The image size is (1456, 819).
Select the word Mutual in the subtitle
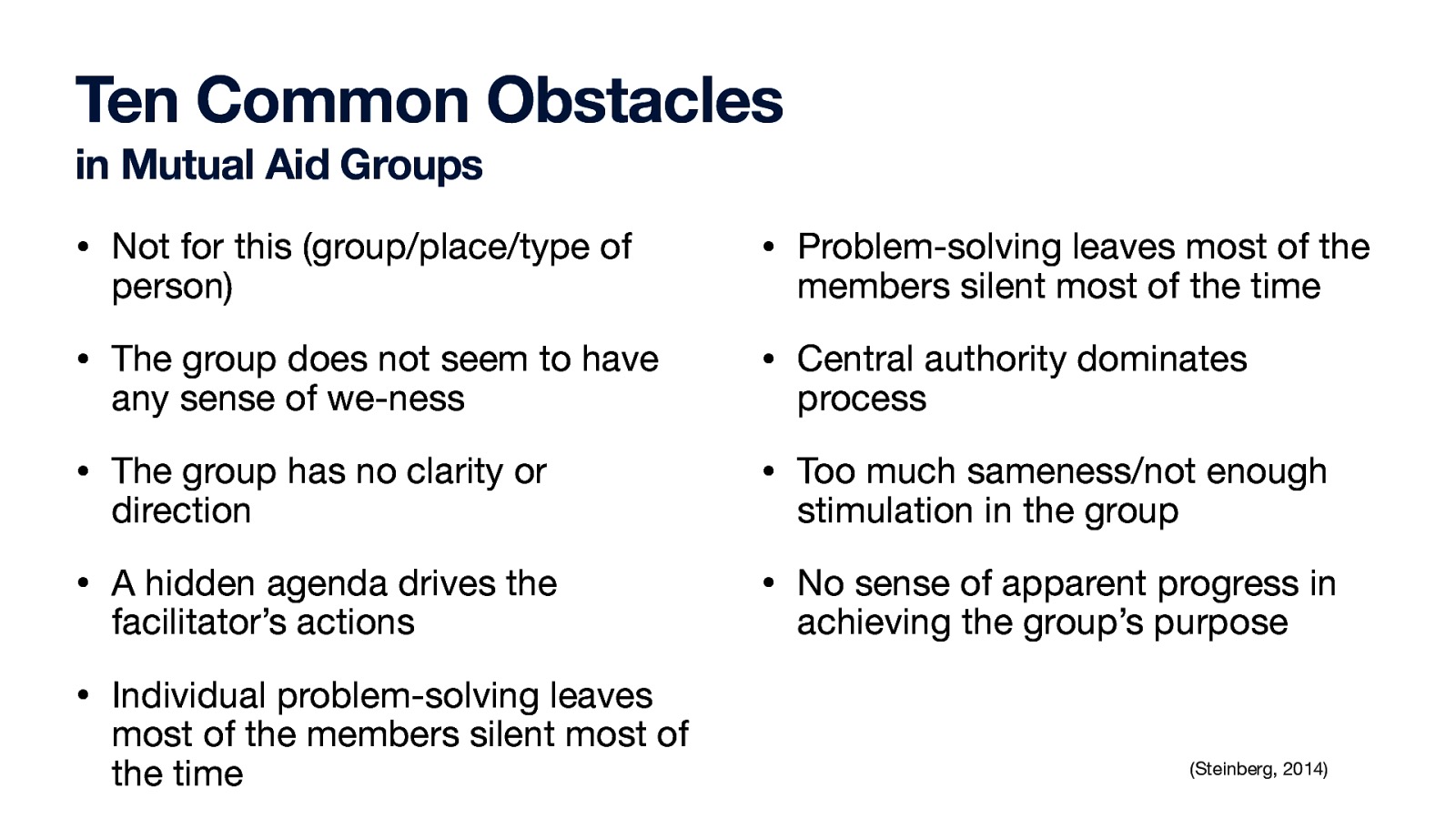(187, 166)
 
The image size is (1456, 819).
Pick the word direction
(181, 511)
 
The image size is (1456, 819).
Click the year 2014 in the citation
(1302, 770)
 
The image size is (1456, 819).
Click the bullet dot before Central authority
(768, 360)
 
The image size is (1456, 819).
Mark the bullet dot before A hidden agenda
(83, 584)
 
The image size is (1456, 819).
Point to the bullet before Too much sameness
(768, 472)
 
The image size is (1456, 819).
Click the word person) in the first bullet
(172, 288)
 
